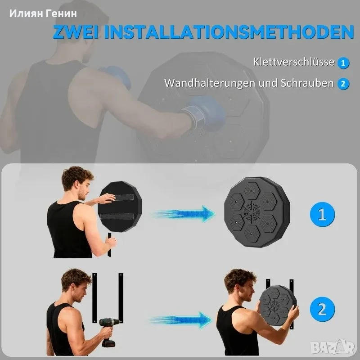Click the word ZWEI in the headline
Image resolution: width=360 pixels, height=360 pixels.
pyautogui.click(x=76, y=31)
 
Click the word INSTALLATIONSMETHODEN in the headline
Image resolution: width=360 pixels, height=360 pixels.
pyautogui.click(x=229, y=31)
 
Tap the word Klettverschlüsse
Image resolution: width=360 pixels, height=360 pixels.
pyautogui.click(x=294, y=62)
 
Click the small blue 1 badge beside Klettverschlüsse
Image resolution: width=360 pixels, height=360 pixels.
pyautogui.click(x=343, y=63)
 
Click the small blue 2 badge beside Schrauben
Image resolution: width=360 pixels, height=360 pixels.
pyautogui.click(x=343, y=84)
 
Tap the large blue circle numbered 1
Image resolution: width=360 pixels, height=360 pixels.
pyautogui.click(x=322, y=215)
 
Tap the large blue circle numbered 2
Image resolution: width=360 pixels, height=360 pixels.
pyautogui.click(x=322, y=309)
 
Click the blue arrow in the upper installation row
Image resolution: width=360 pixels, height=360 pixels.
pyautogui.click(x=183, y=214)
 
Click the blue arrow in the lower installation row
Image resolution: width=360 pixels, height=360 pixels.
pyautogui.click(x=181, y=320)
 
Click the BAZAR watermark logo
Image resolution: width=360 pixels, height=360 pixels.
pyautogui.click(x=333, y=347)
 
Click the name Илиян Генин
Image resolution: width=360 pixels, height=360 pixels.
pyautogui.click(x=43, y=13)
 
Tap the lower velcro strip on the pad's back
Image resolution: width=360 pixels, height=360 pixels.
pyautogui.click(x=117, y=216)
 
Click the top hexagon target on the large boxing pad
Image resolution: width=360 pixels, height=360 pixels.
pyautogui.click(x=252, y=191)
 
